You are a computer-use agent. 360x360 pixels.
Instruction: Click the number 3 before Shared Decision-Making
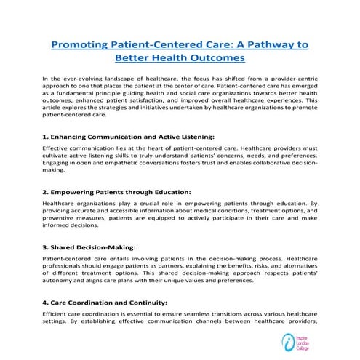pyautogui.click(x=45, y=247)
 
